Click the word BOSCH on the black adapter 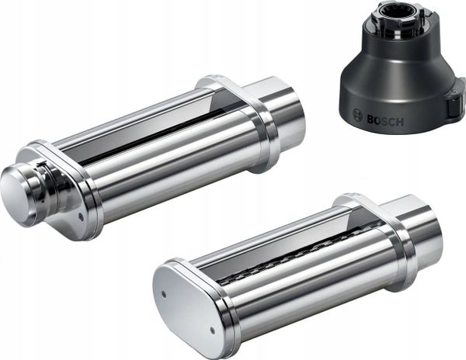(x=385, y=121)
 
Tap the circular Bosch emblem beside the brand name (x=358, y=115)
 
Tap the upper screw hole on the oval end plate (x=163, y=294)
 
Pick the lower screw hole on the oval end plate (x=212, y=330)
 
